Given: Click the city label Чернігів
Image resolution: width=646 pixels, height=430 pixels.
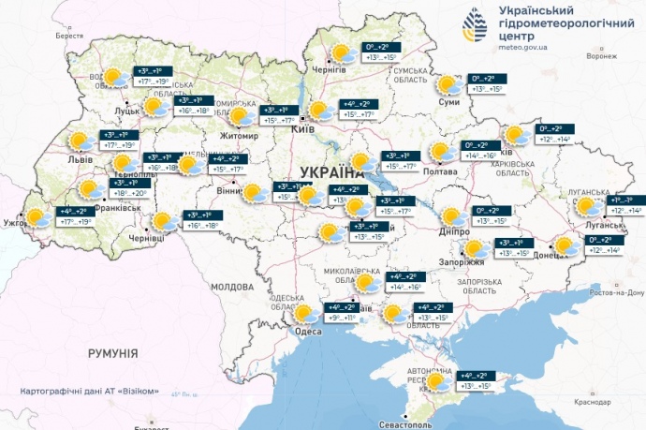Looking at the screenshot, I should (x=328, y=70).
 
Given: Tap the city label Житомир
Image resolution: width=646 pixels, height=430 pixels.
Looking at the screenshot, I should (x=240, y=136).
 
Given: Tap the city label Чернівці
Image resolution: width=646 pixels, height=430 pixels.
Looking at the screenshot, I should (x=146, y=239).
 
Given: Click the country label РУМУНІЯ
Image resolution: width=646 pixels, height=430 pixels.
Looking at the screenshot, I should (x=111, y=353).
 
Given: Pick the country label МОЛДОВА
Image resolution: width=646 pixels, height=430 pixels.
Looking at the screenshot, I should (x=232, y=286).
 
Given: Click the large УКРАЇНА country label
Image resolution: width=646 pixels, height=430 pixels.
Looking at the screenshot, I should (x=332, y=171).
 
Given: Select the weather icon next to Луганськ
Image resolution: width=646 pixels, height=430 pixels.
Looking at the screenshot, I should (x=588, y=207).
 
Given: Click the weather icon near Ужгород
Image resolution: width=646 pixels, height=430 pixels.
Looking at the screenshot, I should (x=38, y=218).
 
